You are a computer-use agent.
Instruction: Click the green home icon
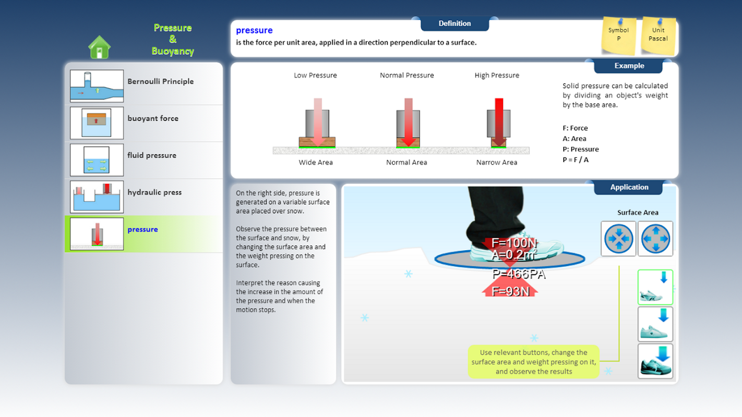point(99,47)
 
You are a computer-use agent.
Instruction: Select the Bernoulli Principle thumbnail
point(97,85)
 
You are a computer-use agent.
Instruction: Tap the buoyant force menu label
point(153,118)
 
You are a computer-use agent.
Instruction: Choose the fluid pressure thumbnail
point(97,160)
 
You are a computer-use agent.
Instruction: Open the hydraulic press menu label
point(154,192)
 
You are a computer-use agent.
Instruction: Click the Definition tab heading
point(455,23)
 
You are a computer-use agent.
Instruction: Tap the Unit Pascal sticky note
point(658,35)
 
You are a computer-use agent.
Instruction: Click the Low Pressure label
point(315,75)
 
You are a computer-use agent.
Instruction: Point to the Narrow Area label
point(497,162)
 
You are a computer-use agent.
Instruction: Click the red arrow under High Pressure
point(499,122)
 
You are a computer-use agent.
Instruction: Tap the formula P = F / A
point(576,160)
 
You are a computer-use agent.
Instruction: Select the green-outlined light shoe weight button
point(655,287)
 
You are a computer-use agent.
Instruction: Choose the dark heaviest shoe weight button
point(655,361)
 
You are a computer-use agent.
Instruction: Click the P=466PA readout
point(519,274)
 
